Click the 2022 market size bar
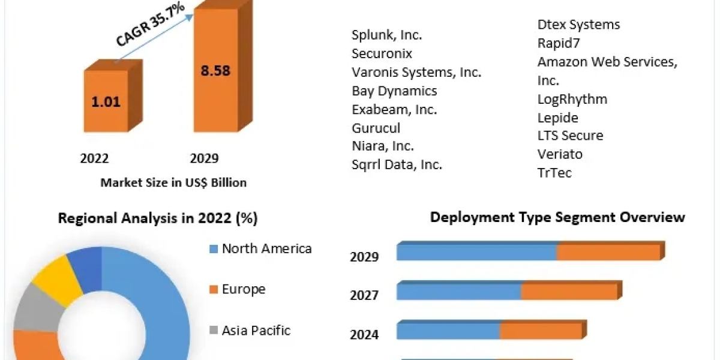tap(106, 101)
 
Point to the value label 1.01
tap(106, 101)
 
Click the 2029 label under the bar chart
tap(204, 158)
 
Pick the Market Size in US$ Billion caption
tap(173, 182)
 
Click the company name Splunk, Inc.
tap(386, 35)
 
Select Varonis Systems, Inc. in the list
tap(416, 72)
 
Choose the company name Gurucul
tap(376, 128)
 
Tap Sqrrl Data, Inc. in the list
tap(397, 165)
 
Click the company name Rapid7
tap(559, 43)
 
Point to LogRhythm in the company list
tap(572, 99)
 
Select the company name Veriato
tap(560, 154)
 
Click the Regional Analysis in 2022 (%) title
tap(158, 218)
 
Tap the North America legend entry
tap(266, 248)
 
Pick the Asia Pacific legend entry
tap(256, 330)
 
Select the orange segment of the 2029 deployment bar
tap(608, 253)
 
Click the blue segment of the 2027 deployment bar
tap(459, 292)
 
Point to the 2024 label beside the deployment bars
tap(364, 334)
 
